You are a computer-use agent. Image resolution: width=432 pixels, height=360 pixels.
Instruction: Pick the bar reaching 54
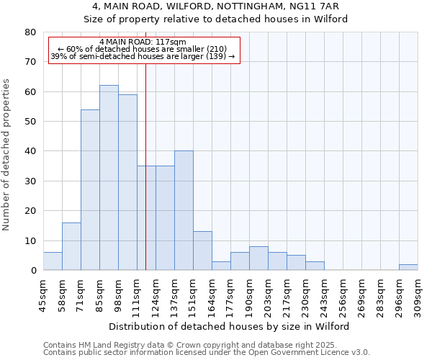pos(90,190)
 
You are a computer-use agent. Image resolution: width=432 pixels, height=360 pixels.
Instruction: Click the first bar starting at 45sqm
pos(53,261)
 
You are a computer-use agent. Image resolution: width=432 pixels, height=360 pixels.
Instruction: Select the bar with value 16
pos(71,246)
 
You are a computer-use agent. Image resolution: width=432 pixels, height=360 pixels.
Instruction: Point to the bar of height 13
pos(202,251)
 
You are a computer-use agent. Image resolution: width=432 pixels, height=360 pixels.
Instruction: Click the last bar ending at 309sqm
pos(408,267)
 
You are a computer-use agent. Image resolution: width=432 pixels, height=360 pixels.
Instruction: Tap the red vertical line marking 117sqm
pos(146,173)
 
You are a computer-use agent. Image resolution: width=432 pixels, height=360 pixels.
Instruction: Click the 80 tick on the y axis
pos(31,32)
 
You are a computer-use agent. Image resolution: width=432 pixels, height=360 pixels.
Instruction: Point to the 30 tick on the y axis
pos(31,181)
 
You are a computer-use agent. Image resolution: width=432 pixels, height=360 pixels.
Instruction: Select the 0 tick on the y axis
pos(33,270)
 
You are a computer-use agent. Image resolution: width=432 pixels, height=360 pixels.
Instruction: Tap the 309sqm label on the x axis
pos(418,292)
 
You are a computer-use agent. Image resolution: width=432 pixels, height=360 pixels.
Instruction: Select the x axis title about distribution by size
pos(230,326)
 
